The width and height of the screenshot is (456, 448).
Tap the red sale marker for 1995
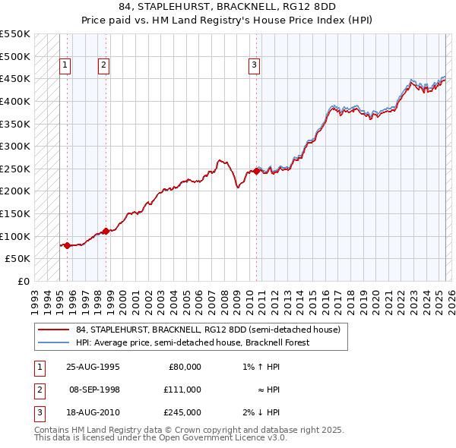click(x=68, y=245)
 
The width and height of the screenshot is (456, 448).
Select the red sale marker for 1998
click(x=106, y=232)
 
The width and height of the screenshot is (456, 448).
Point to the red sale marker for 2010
click(x=256, y=172)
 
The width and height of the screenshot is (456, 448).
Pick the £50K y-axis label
click(x=18, y=259)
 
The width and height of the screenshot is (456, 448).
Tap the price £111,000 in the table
click(x=182, y=390)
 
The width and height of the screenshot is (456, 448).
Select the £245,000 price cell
click(x=182, y=412)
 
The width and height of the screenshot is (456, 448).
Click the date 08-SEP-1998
click(x=94, y=390)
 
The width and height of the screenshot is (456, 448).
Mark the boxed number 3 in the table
click(x=39, y=412)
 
